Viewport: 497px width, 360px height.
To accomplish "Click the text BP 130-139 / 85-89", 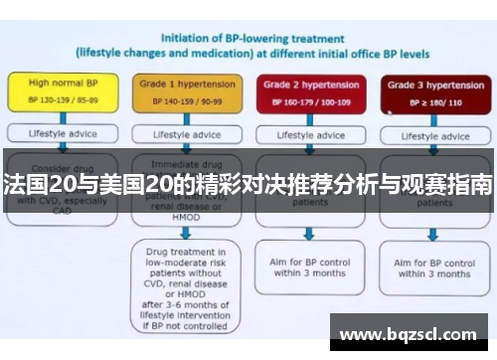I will (x=62, y=101).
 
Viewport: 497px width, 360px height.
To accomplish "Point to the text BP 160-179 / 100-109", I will (x=308, y=101).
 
